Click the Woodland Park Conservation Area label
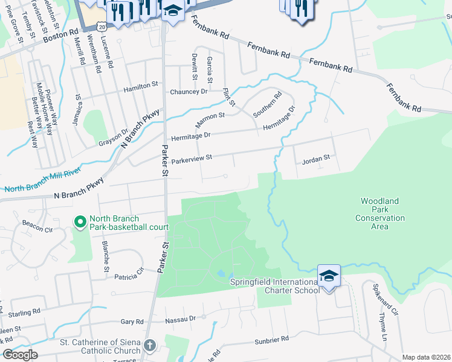tap(383, 214)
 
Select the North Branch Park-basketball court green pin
tap(79, 223)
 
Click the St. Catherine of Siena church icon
tap(149, 345)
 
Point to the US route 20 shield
tap(102, 27)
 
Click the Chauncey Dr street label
tap(189, 91)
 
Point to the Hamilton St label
tap(140, 88)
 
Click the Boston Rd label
tap(61, 36)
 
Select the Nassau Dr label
tap(181, 318)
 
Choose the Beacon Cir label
tap(33, 227)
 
